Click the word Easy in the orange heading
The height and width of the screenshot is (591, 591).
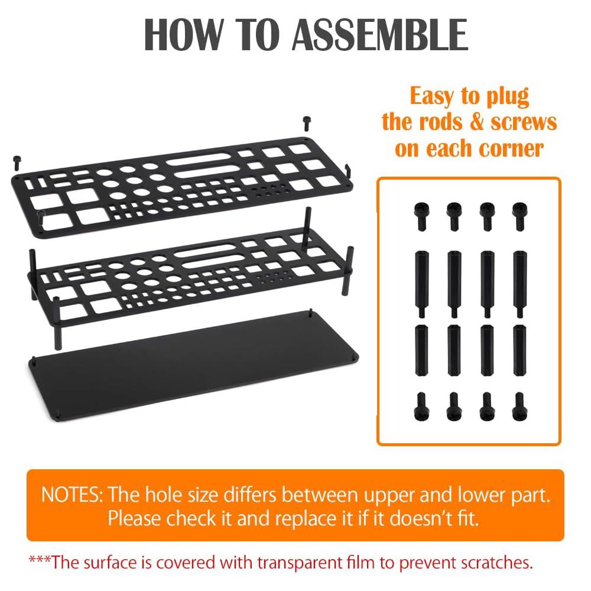tap(436, 96)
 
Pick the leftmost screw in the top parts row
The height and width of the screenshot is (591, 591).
tap(420, 216)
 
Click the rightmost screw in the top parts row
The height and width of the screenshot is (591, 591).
tap(519, 216)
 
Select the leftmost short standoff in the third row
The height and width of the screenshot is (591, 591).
tap(420, 345)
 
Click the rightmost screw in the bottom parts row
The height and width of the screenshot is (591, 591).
tap(519, 406)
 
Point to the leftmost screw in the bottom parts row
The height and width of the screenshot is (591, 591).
tap(420, 406)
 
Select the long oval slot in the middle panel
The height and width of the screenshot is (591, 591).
tap(202, 252)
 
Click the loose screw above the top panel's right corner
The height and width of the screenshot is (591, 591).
tap(306, 123)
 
